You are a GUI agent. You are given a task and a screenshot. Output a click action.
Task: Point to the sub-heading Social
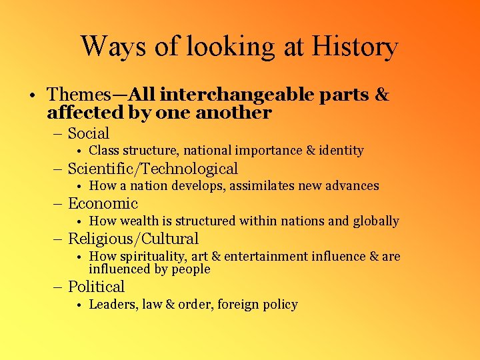[x=89, y=133]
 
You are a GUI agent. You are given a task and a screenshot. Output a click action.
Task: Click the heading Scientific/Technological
[x=153, y=169]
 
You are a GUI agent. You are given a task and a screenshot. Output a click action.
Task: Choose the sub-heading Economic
[x=103, y=204]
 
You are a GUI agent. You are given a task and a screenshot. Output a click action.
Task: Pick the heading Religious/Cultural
[x=133, y=239]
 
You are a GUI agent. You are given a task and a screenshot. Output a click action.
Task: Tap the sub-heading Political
[x=96, y=287]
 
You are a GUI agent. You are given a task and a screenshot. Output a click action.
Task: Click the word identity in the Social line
[x=341, y=151]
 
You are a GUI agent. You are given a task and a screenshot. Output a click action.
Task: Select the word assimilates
[x=262, y=186]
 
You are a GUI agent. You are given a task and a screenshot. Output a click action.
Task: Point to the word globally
[x=375, y=221]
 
